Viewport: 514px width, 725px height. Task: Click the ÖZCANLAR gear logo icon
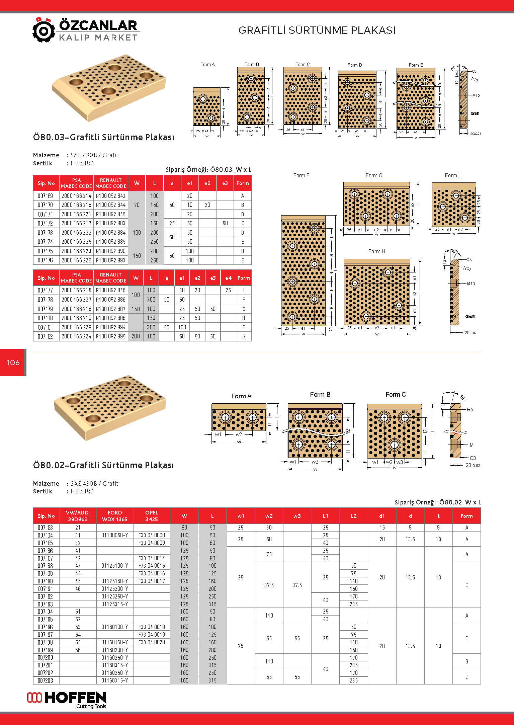point(44,30)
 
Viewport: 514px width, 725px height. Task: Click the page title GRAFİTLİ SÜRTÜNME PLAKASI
point(317,30)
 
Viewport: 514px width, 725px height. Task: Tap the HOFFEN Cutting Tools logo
point(67,700)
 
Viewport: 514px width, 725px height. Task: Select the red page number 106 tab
point(13,362)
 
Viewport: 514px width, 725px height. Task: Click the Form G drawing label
point(374,175)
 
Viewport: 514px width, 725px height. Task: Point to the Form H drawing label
point(376,251)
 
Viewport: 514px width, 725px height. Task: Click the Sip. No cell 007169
point(46,196)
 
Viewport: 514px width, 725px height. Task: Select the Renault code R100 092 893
point(111,260)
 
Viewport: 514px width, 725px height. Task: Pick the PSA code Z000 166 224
point(77,336)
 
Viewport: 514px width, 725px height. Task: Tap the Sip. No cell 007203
point(46,680)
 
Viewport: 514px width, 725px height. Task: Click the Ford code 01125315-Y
point(115,604)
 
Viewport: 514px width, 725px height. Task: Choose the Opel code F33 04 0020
point(152,642)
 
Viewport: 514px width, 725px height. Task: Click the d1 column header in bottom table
point(382,516)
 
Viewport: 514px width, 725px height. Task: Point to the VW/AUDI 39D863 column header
point(78,516)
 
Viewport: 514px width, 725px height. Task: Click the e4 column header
point(228,278)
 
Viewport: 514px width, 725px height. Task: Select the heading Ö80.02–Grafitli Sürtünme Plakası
point(103,465)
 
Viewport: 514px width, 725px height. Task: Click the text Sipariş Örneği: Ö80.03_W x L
point(208,170)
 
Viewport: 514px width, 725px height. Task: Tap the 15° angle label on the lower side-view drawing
point(463,397)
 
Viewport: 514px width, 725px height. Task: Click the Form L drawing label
point(453,175)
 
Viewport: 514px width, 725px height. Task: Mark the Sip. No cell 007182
point(46,336)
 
